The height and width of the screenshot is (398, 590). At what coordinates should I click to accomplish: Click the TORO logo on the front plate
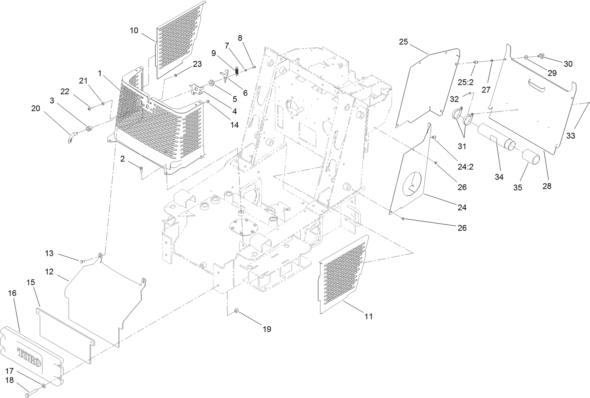(30, 357)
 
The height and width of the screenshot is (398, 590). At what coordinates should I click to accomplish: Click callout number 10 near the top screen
(134, 31)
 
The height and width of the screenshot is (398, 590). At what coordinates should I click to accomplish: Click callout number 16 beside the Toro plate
(12, 293)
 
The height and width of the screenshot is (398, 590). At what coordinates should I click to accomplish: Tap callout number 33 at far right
(571, 136)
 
